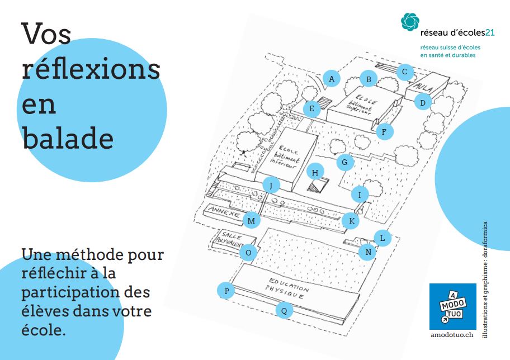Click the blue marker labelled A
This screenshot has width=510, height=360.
click(x=332, y=79)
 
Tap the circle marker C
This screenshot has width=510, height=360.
click(x=405, y=72)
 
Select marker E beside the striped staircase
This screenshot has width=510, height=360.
click(x=311, y=108)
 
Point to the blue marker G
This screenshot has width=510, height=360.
click(x=345, y=162)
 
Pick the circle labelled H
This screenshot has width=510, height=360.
click(x=315, y=173)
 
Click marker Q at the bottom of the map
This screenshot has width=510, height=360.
click(x=284, y=311)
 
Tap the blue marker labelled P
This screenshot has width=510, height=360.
click(x=226, y=291)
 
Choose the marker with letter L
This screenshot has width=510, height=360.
click(x=382, y=238)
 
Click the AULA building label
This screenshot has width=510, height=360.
click(x=424, y=87)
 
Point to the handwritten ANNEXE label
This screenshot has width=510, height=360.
click(x=224, y=212)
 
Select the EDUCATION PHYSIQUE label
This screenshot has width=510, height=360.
click(x=286, y=288)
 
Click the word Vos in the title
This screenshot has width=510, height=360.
click(x=46, y=34)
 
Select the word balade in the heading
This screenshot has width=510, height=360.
click(x=68, y=138)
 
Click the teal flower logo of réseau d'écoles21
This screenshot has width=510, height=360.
click(x=410, y=21)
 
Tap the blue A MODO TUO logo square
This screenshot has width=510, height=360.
click(x=453, y=306)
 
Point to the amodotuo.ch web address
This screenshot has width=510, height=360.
click(x=452, y=335)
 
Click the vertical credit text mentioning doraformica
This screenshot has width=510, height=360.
click(x=485, y=280)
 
